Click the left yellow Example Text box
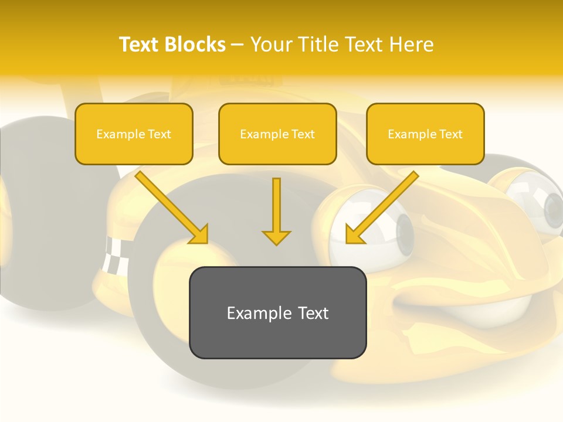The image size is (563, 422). tap(134, 134)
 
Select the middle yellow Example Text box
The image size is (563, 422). tap(277, 134)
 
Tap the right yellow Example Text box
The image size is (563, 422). tap(425, 134)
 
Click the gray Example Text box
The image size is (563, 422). tap(277, 312)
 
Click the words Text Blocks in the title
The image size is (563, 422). tap(172, 45)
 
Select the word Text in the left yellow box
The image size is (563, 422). tap(159, 134)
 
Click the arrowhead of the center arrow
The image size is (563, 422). tap(276, 237)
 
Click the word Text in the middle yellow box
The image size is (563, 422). tap(303, 134)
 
